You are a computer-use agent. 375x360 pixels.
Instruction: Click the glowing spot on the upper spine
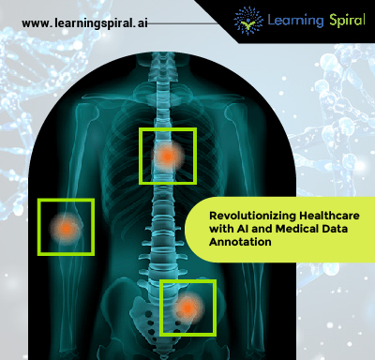click(x=167, y=156)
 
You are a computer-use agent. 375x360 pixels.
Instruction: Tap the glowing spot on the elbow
click(x=66, y=227)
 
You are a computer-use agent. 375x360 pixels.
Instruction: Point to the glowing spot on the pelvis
click(x=187, y=307)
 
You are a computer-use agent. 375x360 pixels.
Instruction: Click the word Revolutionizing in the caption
click(x=239, y=216)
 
